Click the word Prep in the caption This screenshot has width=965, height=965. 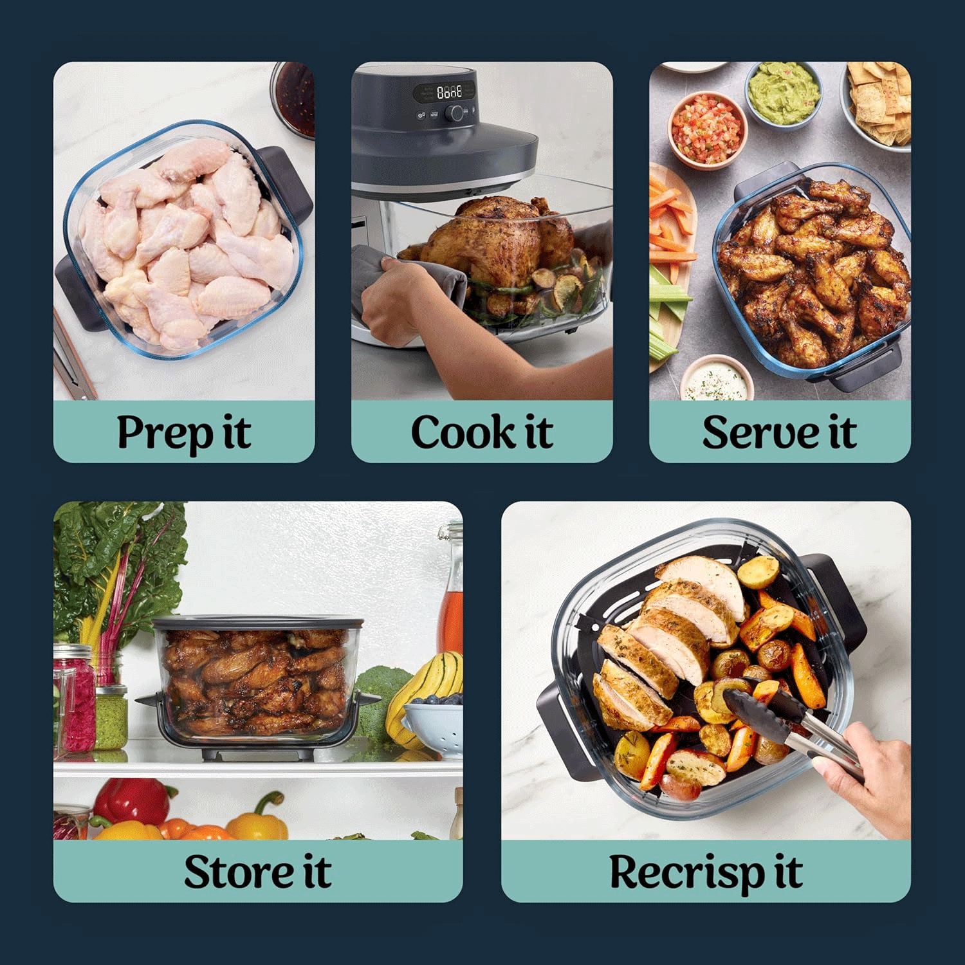click(x=164, y=433)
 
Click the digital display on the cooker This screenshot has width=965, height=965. click(x=449, y=92)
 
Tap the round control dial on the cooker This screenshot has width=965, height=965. click(x=456, y=114)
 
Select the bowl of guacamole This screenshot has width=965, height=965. click(x=784, y=95)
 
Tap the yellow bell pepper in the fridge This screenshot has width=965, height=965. click(x=257, y=820)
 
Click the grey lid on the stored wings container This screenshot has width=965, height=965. click(x=257, y=623)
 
